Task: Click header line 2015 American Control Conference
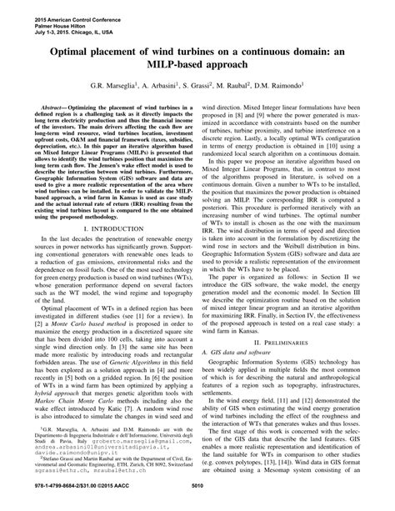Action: [50, 7]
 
